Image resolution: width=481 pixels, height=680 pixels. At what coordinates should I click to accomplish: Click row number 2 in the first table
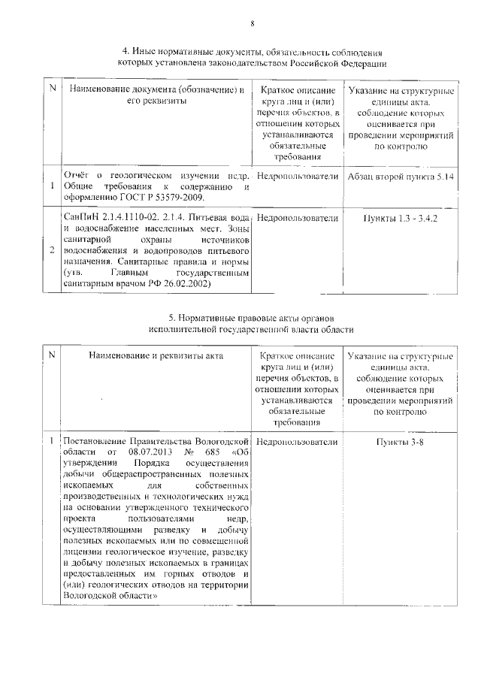pyautogui.click(x=51, y=251)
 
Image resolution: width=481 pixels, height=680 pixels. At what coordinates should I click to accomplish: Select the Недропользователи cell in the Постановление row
pyautogui.click(x=297, y=442)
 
